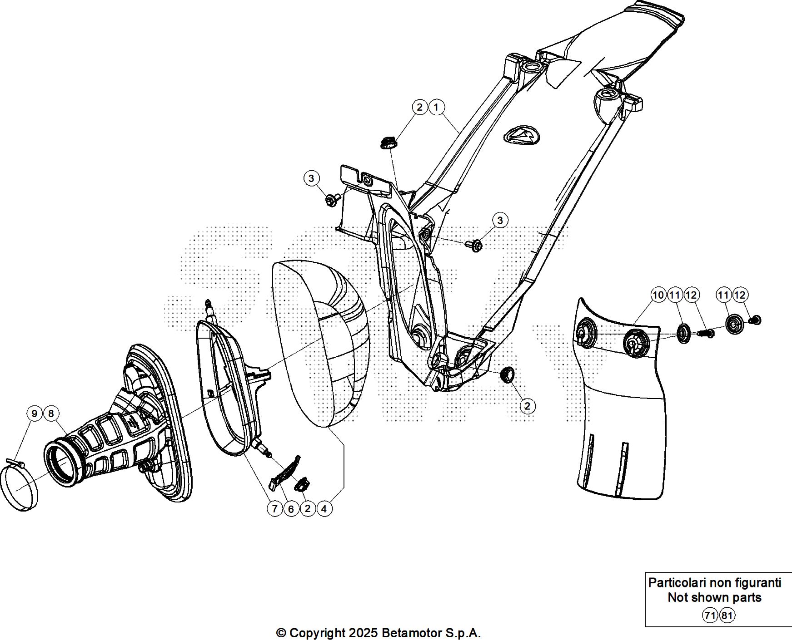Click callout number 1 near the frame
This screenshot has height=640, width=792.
(436, 108)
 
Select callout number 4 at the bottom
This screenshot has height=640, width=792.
(324, 509)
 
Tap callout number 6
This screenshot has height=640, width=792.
(291, 509)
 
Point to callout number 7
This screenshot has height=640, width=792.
(275, 509)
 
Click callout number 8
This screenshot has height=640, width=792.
(51, 414)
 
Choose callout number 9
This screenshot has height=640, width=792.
(35, 414)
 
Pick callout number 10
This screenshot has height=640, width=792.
(658, 295)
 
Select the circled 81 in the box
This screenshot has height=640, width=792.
(727, 615)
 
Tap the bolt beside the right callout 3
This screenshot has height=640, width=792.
(474, 246)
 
